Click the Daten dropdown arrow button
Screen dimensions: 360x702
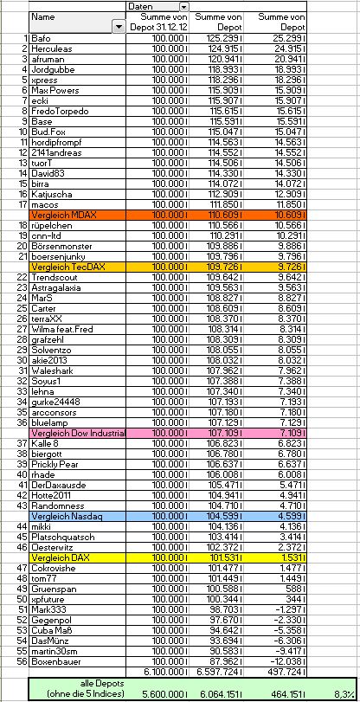point(183,7)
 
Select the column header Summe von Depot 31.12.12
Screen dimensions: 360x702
point(155,23)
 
